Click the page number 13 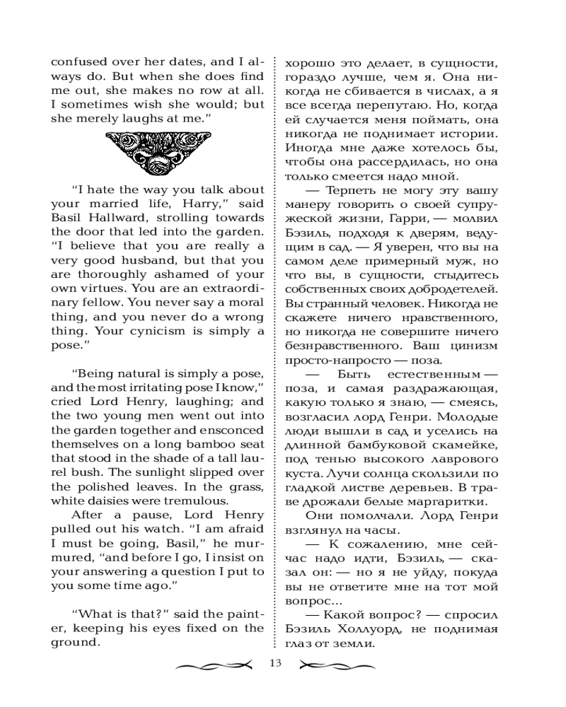pos(276,663)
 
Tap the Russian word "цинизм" pos(474,345)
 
